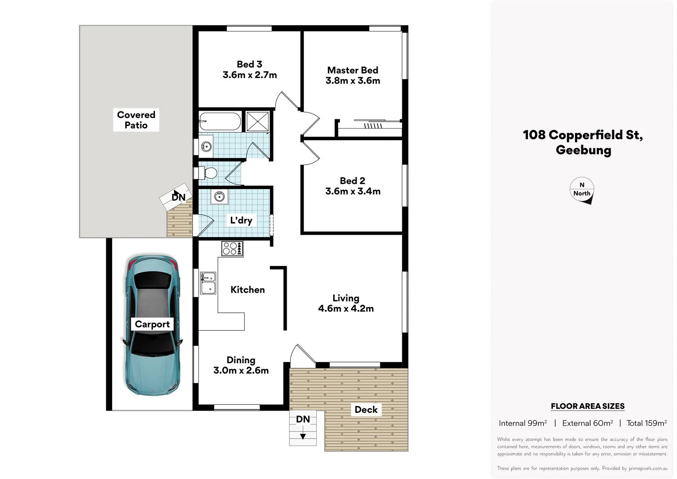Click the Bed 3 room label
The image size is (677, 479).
tap(249, 64)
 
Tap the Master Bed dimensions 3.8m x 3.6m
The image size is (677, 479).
tap(353, 81)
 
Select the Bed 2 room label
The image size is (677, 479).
tap(353, 181)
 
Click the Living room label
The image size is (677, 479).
tap(346, 298)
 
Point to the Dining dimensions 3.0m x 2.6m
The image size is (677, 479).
tap(241, 371)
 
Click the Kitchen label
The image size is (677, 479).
tap(248, 290)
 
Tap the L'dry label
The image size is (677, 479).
tap(241, 220)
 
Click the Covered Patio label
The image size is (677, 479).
tap(136, 120)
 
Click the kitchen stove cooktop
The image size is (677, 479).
tap(232, 248)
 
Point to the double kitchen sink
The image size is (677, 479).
tap(208, 283)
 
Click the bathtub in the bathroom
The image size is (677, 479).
tap(220, 121)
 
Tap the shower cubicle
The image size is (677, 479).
tap(257, 122)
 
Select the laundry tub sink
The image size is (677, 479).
tap(219, 196)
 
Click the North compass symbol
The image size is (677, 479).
tap(582, 190)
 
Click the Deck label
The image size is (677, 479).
tap(366, 410)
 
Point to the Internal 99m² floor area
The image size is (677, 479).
tap(523, 423)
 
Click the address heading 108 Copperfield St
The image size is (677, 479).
tap(583, 135)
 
